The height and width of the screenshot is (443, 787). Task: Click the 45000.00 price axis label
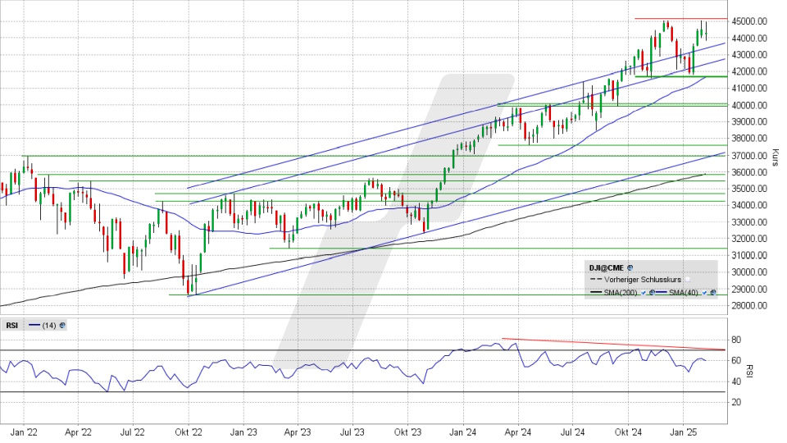(x=750, y=21)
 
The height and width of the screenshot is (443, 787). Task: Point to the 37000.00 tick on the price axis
(x=750, y=155)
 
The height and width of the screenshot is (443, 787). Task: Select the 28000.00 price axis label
(x=750, y=306)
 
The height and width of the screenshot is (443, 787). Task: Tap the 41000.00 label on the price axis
(x=750, y=89)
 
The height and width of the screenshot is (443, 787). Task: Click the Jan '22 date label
(x=23, y=432)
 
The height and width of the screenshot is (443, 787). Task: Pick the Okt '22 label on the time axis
(x=188, y=432)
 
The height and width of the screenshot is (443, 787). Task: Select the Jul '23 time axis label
(x=353, y=432)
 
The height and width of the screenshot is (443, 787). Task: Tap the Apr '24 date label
(x=517, y=432)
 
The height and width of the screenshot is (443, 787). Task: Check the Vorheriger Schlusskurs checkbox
(x=689, y=280)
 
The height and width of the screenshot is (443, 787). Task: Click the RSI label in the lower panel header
(x=12, y=326)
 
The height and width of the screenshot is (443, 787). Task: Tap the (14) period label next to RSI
(x=49, y=326)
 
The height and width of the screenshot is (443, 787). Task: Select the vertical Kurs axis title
(x=775, y=156)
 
